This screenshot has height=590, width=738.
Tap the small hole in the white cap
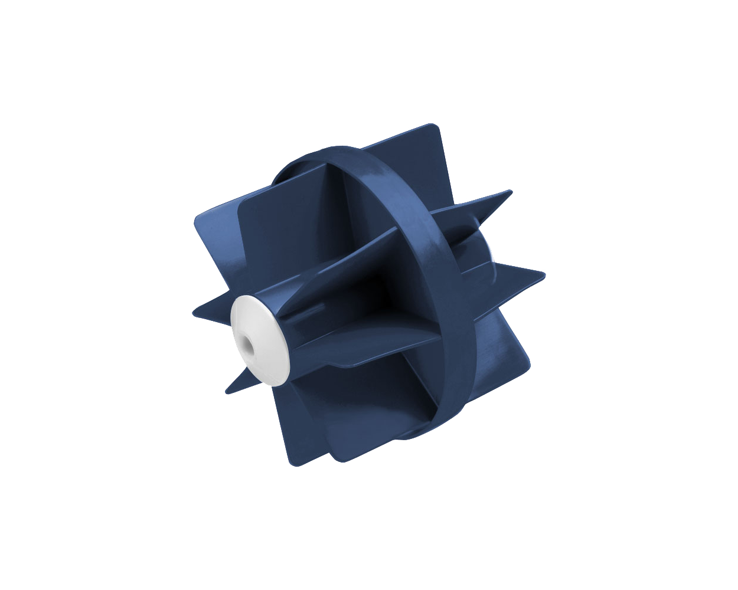coord(244,344)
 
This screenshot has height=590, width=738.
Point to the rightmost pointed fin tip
coord(544,273)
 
